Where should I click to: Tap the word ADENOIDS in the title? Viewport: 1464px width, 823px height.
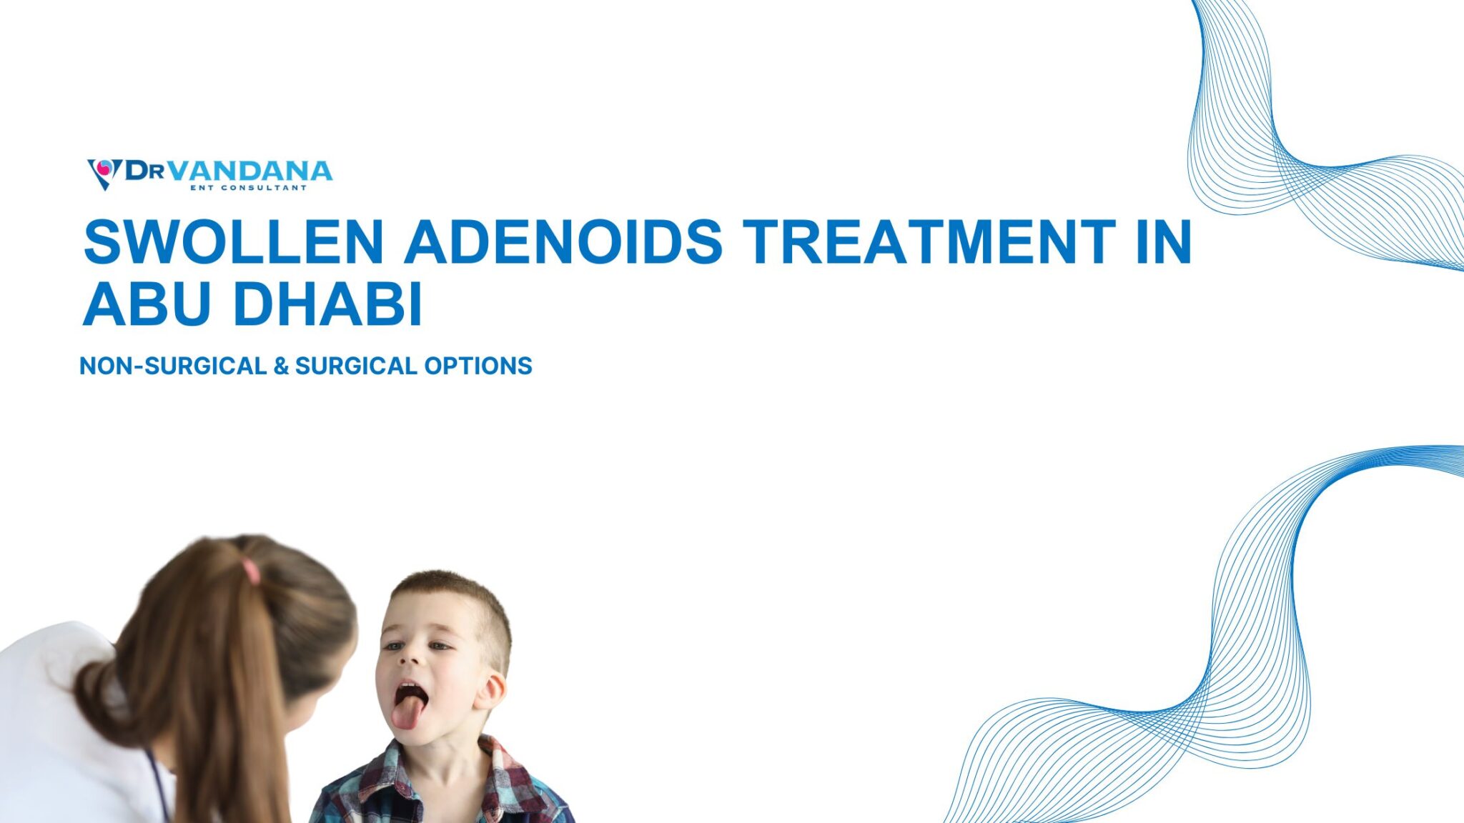coord(564,241)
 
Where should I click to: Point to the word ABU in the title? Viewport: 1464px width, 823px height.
coord(147,304)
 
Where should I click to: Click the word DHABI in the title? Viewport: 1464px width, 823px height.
coord(328,304)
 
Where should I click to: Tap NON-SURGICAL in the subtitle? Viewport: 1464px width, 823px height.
coord(173,366)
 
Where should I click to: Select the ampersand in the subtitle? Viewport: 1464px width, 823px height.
coord(281,366)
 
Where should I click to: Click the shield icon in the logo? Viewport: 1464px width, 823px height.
coord(104,172)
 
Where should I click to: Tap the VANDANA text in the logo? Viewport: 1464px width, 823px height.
coord(252,171)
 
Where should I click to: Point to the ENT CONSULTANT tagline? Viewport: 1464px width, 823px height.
coord(248,188)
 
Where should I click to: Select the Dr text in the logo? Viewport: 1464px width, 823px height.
coord(145,171)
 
